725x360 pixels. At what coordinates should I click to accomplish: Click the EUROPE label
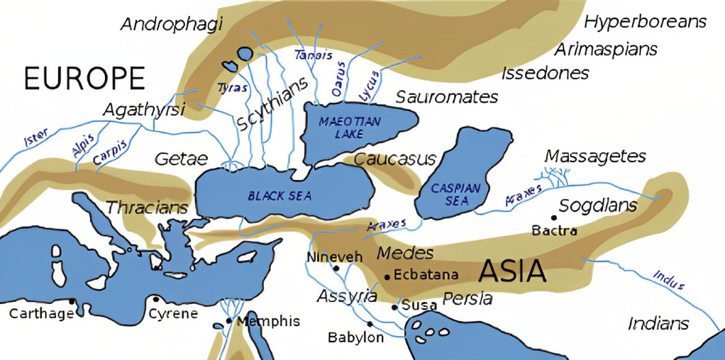85,79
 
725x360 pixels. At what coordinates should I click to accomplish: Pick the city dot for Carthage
72,301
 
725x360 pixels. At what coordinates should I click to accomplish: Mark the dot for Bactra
553,218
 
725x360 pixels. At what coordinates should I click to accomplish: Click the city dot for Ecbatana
387,277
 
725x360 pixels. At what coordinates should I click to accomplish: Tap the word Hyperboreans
645,22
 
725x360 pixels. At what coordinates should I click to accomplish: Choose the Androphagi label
172,25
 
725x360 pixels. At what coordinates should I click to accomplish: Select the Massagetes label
595,157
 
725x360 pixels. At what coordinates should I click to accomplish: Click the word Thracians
147,207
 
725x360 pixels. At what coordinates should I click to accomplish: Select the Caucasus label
395,160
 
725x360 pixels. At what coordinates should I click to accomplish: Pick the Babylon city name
355,337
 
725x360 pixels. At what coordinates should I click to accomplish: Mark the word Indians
658,323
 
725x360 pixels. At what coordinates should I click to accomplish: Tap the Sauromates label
447,97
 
